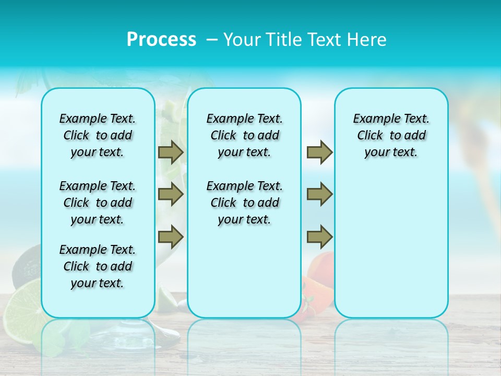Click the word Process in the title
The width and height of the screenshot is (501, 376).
161,40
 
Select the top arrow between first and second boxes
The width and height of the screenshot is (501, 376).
171,152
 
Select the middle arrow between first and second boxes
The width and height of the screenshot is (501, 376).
171,194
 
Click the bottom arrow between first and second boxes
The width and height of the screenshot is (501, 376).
171,237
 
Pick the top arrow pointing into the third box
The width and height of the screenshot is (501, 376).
319,152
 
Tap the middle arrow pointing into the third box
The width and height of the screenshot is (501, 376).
319,194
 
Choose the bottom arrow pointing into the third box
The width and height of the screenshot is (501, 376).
319,237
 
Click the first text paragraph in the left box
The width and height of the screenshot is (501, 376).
98,135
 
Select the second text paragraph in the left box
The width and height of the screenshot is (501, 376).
98,203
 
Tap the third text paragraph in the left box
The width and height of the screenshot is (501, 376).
98,266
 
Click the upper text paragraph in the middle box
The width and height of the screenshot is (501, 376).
245,135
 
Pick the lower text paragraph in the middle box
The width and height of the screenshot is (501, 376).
245,203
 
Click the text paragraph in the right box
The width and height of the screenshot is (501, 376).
391,135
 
